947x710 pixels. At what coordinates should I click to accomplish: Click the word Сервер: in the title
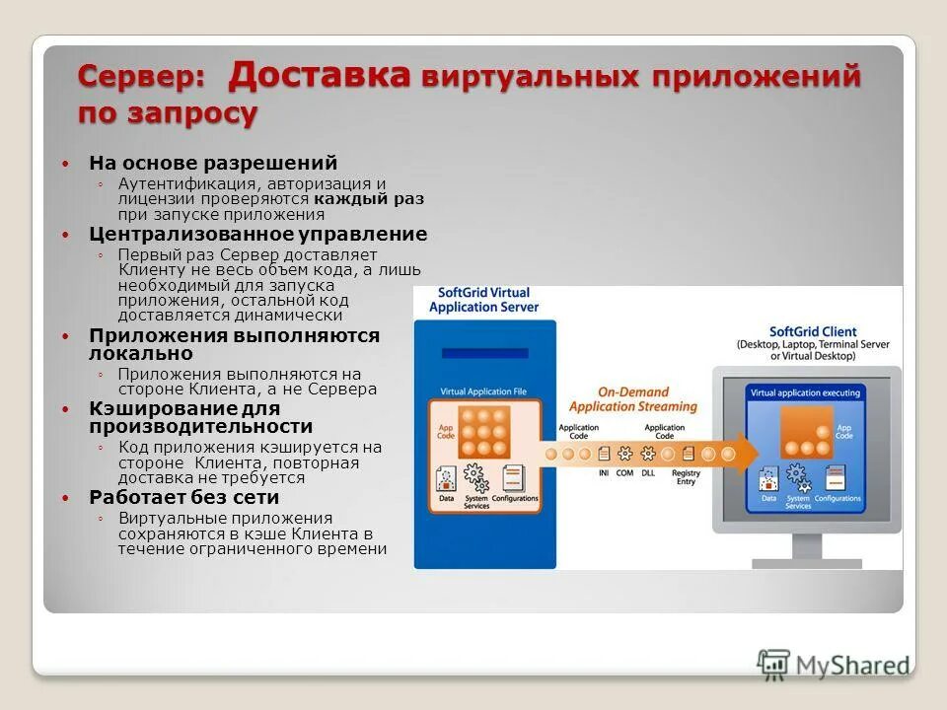[x=142, y=78]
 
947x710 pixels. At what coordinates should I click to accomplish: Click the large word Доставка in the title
[x=320, y=74]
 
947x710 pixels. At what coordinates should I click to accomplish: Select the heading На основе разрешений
[x=213, y=163]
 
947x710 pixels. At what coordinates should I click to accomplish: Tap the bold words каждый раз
[x=370, y=198]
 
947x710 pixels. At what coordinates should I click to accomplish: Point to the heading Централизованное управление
[x=258, y=235]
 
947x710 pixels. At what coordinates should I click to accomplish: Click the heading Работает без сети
[x=184, y=498]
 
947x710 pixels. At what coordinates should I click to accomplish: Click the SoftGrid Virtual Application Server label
[x=483, y=300]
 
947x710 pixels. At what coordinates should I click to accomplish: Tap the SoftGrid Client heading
[x=813, y=331]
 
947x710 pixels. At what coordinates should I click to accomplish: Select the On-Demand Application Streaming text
[x=632, y=399]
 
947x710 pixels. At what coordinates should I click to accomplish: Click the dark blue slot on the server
[x=483, y=353]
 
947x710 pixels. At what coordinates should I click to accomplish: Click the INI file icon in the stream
[x=603, y=455]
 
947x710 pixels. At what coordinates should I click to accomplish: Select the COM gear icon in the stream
[x=624, y=455]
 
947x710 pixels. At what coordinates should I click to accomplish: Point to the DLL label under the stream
[x=647, y=473]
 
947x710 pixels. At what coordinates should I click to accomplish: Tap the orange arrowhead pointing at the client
[x=747, y=454]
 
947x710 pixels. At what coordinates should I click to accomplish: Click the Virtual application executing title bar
[x=804, y=392]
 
